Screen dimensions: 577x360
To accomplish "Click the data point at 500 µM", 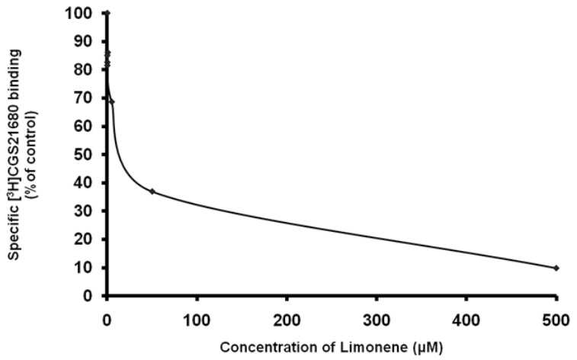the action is coord(556,268).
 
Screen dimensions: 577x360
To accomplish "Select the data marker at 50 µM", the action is coord(152,191).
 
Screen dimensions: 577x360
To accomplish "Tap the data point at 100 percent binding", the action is coord(107,13).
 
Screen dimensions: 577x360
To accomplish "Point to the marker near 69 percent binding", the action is coord(112,101).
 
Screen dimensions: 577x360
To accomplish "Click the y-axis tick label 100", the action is coord(83,13).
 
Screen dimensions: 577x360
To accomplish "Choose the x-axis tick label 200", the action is coord(287,320).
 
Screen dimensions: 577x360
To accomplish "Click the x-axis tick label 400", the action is coord(466,320).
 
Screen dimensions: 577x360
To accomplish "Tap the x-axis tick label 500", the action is coord(556,320).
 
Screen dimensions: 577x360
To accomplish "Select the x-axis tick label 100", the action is coord(197,320).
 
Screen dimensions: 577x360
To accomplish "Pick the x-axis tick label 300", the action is coord(377,320).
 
